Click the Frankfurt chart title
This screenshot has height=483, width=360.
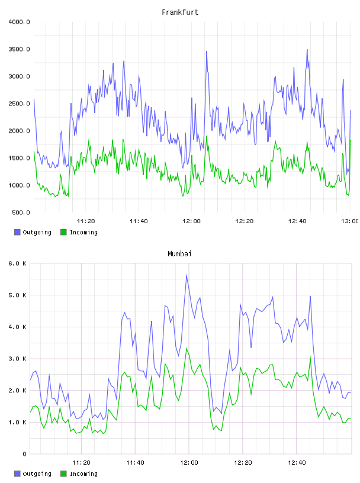(x=180, y=12)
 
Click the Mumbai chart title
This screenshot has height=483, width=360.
(x=179, y=254)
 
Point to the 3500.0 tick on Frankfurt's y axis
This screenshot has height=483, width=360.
(x=19, y=49)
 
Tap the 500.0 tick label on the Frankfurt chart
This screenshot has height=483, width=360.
(x=21, y=212)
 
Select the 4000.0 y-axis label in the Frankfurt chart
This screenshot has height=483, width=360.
(x=19, y=22)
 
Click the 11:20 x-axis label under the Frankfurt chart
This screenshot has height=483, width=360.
(x=86, y=221)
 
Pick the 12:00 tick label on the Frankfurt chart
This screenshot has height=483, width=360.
(x=191, y=221)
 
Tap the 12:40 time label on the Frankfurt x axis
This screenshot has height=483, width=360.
(x=297, y=221)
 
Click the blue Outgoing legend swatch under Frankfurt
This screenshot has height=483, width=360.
(x=17, y=232)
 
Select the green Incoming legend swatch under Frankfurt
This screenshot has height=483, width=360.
(x=63, y=232)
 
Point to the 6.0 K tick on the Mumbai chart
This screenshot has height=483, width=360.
(x=17, y=263)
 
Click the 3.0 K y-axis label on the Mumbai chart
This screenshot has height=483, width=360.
(x=17, y=359)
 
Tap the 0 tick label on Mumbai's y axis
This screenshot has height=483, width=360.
(x=25, y=454)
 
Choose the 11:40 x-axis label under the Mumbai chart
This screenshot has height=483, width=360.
(x=135, y=463)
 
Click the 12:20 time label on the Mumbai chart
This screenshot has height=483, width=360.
(x=243, y=463)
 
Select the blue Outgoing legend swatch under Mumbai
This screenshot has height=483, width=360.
(x=17, y=474)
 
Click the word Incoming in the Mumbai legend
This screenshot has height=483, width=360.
(x=83, y=474)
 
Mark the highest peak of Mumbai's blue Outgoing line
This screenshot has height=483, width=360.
(x=187, y=275)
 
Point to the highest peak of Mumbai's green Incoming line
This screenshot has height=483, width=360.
(x=187, y=349)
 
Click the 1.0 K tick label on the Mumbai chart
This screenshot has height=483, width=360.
(x=17, y=422)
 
